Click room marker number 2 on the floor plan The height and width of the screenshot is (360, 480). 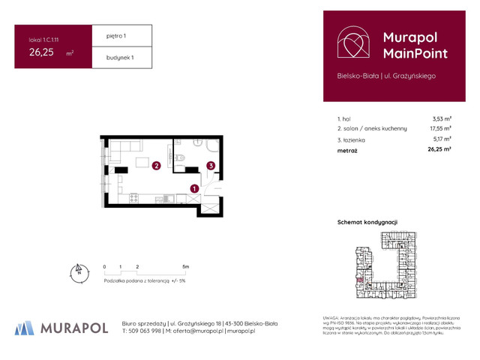156,166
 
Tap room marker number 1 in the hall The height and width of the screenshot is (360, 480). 193,190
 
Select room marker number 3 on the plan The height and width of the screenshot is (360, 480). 212,166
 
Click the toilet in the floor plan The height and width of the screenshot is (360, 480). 182,157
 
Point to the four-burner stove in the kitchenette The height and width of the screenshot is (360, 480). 133,199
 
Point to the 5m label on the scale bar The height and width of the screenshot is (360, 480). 185,266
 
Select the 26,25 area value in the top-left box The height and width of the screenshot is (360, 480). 42,52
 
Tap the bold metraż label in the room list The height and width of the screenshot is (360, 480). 347,150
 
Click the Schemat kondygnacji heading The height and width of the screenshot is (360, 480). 367,223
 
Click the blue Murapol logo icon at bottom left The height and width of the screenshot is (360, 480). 25,327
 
